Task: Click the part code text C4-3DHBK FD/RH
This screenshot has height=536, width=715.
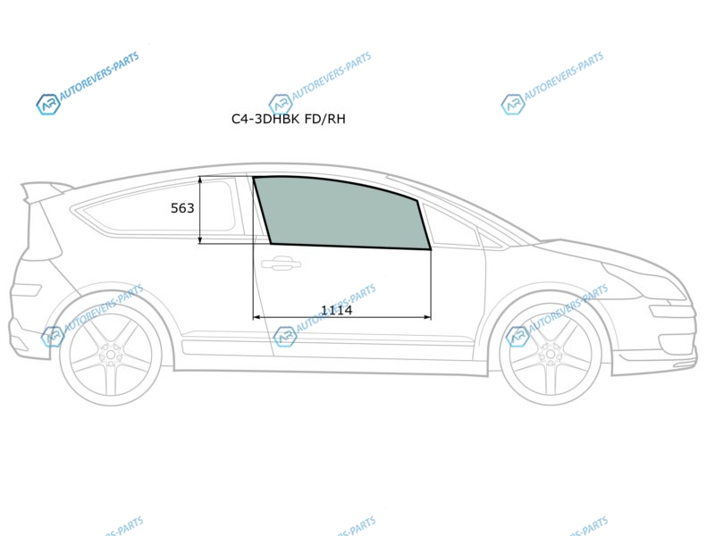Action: tap(288, 119)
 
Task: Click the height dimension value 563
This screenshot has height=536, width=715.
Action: tap(182, 208)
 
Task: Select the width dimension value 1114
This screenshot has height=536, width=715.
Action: tap(337, 310)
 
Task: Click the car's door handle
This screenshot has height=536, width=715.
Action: tap(281, 263)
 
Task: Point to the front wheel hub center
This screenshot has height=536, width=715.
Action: tap(551, 354)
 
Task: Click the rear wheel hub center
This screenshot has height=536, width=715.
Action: tap(110, 354)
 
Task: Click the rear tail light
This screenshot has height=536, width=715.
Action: tap(27, 289)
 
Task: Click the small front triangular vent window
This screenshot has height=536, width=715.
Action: tap(450, 226)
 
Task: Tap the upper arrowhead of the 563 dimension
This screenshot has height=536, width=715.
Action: tap(200, 180)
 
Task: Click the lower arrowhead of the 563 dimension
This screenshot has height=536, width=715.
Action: tap(200, 239)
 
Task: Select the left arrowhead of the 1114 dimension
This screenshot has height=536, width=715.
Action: tap(257, 317)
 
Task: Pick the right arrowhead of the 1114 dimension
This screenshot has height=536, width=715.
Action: tap(427, 317)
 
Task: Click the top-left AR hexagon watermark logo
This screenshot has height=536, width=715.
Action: tap(48, 105)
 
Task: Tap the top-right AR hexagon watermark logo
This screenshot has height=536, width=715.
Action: tap(512, 105)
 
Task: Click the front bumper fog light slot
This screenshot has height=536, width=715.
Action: tap(673, 312)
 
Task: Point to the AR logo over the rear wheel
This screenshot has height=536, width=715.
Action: tap(53, 337)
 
